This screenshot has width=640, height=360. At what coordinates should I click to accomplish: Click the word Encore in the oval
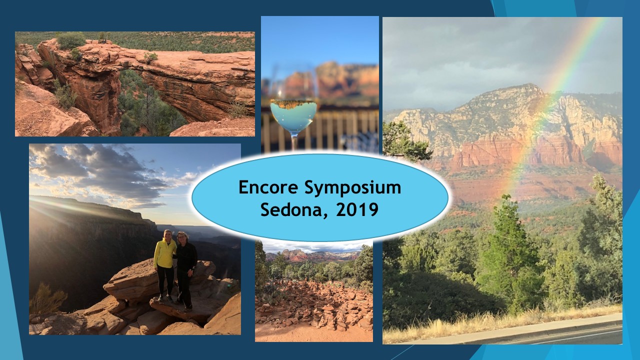tap(268, 187)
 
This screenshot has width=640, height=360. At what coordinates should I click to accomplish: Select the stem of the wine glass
tap(293, 143)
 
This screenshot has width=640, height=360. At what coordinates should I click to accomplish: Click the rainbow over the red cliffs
tap(551, 108)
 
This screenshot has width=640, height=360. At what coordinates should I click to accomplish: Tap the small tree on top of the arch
tap(150, 57)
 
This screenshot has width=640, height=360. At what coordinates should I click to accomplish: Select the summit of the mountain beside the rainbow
tap(527, 85)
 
